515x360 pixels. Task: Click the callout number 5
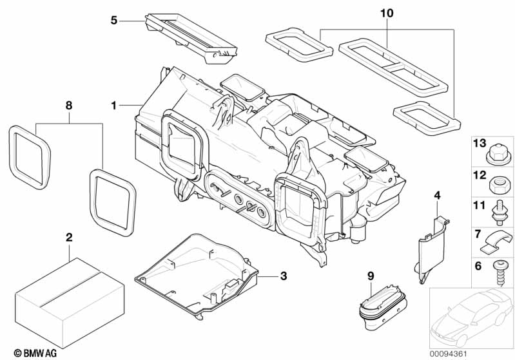[x=114, y=20]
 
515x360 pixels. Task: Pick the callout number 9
[x=371, y=276]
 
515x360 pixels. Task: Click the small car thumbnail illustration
[x=471, y=316]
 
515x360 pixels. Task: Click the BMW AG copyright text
[x=29, y=352]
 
